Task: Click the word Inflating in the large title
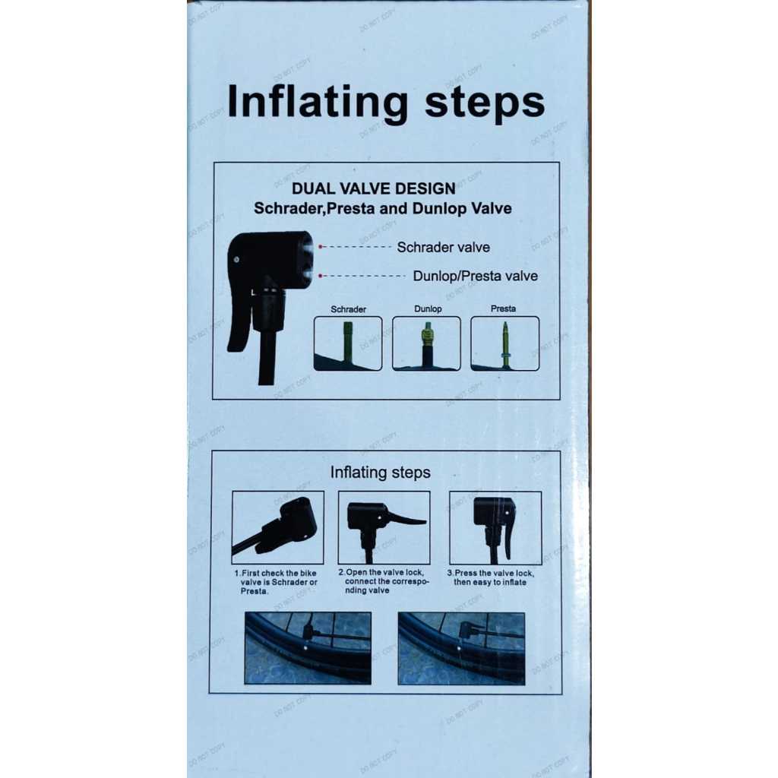318,103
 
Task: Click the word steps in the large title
485,103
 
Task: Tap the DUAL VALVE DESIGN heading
374,188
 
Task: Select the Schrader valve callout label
443,247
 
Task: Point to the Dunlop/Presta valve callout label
476,276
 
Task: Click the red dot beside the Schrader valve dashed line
321,247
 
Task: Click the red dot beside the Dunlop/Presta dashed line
321,275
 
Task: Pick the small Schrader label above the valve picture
348,309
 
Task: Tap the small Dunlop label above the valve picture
428,308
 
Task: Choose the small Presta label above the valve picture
503,308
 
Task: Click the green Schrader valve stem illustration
348,343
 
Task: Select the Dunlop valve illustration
427,344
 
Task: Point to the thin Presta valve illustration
505,345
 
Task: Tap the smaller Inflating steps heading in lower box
380,473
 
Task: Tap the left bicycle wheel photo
308,648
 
